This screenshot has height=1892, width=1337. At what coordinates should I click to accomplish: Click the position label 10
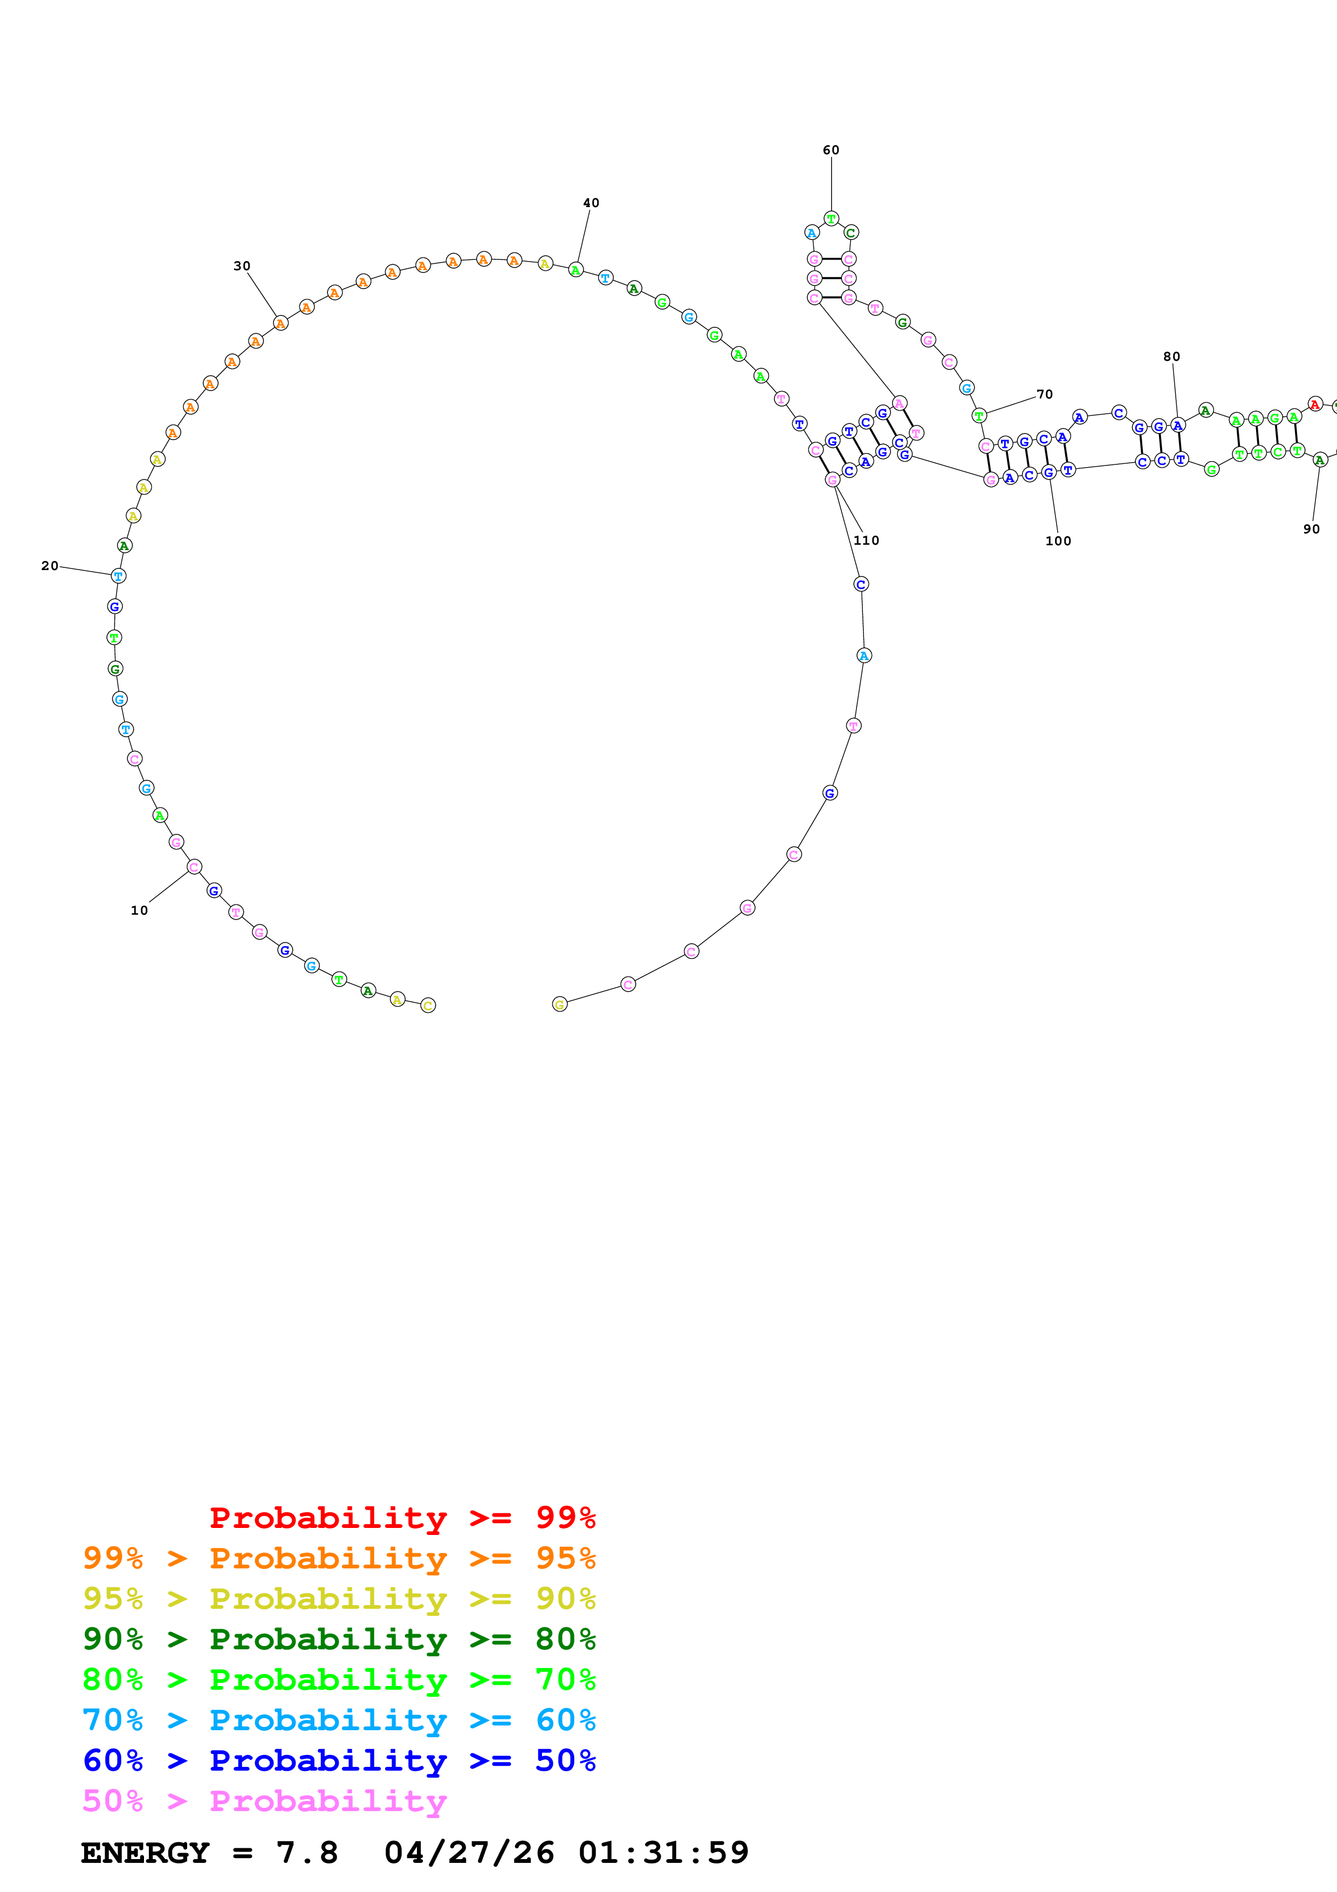pos(139,910)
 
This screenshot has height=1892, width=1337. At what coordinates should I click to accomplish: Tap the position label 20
pos(50,566)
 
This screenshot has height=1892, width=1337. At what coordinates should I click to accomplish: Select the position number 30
pos(242,266)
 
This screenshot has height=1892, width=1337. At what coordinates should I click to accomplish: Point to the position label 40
pos(591,203)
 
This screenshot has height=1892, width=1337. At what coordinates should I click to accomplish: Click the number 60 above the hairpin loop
pos(831,150)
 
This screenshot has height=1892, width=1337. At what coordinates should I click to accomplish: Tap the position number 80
pos(1171,357)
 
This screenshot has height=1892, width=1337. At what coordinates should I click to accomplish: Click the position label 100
pos(1058,541)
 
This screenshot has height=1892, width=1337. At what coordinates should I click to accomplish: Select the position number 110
pos(866,540)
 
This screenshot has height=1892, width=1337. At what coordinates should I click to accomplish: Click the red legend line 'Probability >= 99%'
pos(402,1518)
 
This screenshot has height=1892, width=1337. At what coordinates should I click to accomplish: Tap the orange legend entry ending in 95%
pos(339,1558)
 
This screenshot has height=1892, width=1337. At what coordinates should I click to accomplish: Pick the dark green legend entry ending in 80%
pos(339,1639)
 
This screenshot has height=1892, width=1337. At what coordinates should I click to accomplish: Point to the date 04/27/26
pos(469,1853)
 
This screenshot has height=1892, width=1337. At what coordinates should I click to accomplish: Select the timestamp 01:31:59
pos(663,1853)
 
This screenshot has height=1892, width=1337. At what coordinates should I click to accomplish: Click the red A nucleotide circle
pos(1315,404)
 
